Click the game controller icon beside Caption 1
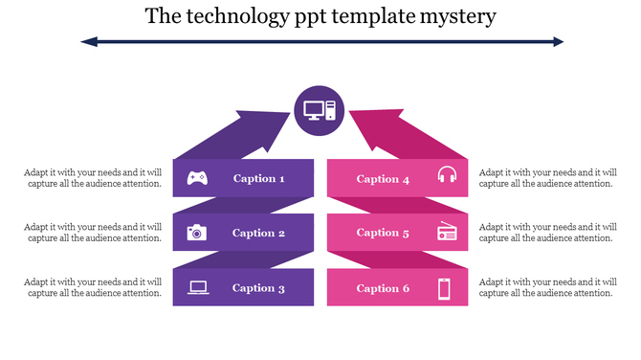198,177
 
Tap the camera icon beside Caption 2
197,232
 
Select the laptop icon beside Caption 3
198,287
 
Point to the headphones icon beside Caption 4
447,175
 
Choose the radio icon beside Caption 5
447,232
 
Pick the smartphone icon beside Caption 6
445,288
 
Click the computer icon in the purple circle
320,110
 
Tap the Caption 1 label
259,178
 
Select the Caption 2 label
259,233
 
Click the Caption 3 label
259,288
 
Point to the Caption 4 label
384,179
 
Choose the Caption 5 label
384,233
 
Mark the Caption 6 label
384,288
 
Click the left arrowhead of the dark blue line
88,41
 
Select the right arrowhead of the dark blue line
557,41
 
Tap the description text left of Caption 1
93,178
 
